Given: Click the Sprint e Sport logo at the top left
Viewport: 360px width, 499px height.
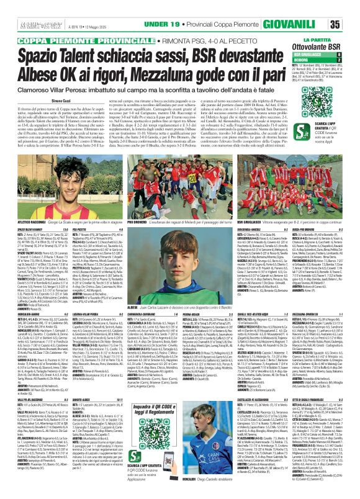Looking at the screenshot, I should [x=22, y=7].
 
